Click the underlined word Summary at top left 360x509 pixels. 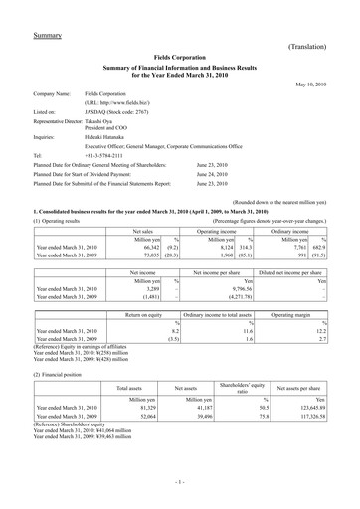click(x=49, y=36)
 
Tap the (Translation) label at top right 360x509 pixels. click(x=314, y=47)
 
